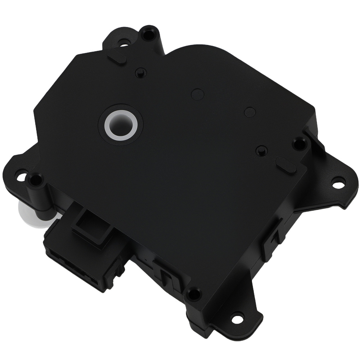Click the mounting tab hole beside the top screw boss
tap(123, 45)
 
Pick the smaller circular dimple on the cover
tap(250, 112)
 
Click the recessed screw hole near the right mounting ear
tap(298, 144)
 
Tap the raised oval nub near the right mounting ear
tap(286, 165)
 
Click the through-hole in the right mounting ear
tap(337, 184)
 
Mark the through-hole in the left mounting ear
tap(22, 177)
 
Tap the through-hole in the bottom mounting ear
tap(237, 319)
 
